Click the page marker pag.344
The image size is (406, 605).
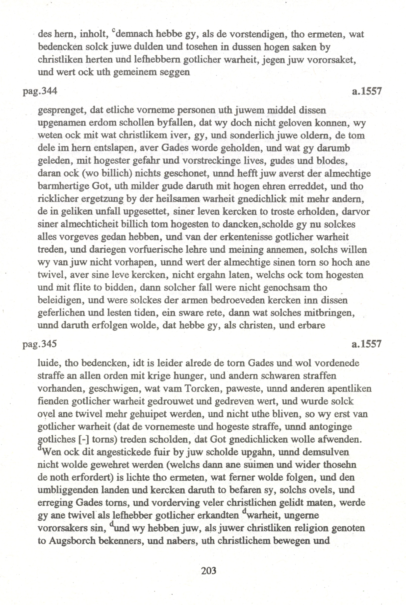coord(40,92)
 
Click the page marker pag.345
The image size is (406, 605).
coord(40,344)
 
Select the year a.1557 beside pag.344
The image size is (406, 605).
coord(367,91)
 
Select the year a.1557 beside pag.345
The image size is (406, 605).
coord(367,344)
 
